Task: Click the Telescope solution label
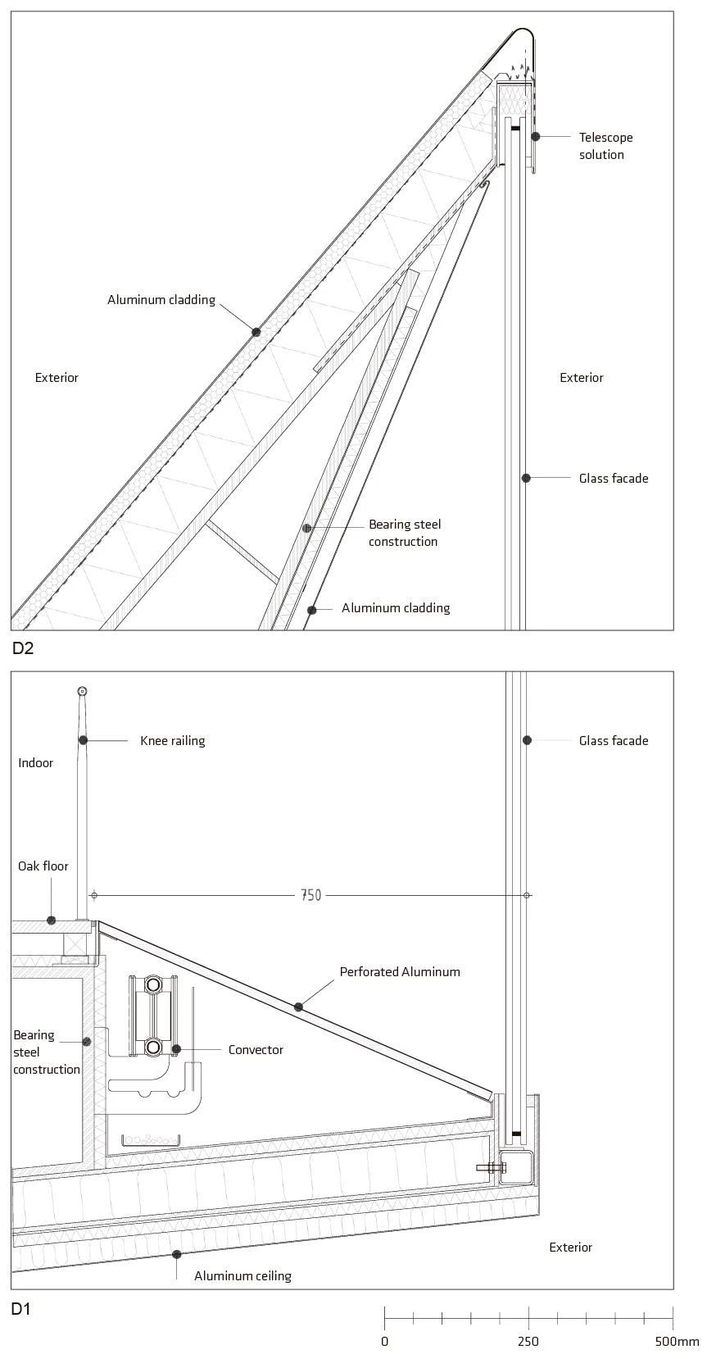(x=605, y=146)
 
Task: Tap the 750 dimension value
(x=311, y=895)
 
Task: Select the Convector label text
(x=256, y=1049)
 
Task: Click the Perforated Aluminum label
(x=400, y=971)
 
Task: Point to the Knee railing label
(x=172, y=740)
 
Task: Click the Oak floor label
(x=43, y=866)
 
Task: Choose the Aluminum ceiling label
(x=242, y=1275)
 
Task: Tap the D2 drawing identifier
(x=23, y=648)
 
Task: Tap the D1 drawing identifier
(x=21, y=1309)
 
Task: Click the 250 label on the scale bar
(x=528, y=1342)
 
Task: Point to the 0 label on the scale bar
(x=385, y=1342)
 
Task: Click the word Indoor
(x=36, y=762)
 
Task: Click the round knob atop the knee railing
(x=82, y=691)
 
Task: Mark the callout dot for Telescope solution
(x=536, y=136)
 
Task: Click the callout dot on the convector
(x=176, y=1049)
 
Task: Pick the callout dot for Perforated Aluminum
(x=298, y=1007)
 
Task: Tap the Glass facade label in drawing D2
(x=613, y=478)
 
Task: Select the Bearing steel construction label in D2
(x=404, y=533)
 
